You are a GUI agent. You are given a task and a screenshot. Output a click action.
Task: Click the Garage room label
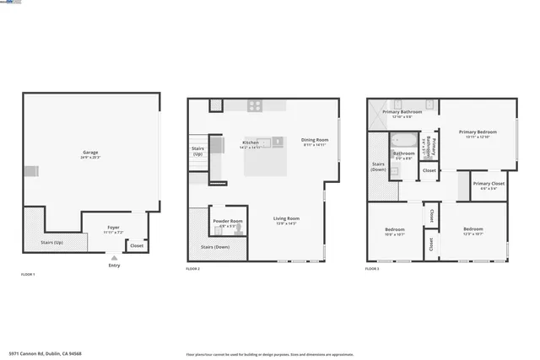click(x=90, y=153)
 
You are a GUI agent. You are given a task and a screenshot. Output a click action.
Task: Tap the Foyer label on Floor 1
click(x=113, y=228)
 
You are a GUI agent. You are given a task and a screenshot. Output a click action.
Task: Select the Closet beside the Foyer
click(x=136, y=245)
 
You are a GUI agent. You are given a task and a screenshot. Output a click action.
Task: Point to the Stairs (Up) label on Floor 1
click(x=51, y=242)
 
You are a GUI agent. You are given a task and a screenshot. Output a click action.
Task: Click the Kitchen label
click(x=251, y=142)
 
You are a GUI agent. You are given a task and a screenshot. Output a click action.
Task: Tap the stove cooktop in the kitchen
click(x=256, y=105)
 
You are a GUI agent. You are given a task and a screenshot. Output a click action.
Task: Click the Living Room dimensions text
click(x=287, y=223)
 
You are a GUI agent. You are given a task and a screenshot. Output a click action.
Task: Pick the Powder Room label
click(x=228, y=221)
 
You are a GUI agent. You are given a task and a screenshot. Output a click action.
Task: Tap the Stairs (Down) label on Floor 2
click(x=215, y=247)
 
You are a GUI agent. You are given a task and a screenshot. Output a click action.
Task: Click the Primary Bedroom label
click(x=478, y=132)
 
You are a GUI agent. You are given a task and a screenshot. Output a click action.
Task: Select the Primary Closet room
click(x=489, y=185)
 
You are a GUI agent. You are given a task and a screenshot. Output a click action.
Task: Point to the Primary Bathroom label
click(x=402, y=112)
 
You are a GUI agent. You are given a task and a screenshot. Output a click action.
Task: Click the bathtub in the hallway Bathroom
click(x=404, y=141)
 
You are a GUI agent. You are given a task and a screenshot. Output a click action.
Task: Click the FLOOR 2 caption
click(x=193, y=268)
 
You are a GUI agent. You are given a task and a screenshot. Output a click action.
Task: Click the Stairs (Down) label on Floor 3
click(x=378, y=166)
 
